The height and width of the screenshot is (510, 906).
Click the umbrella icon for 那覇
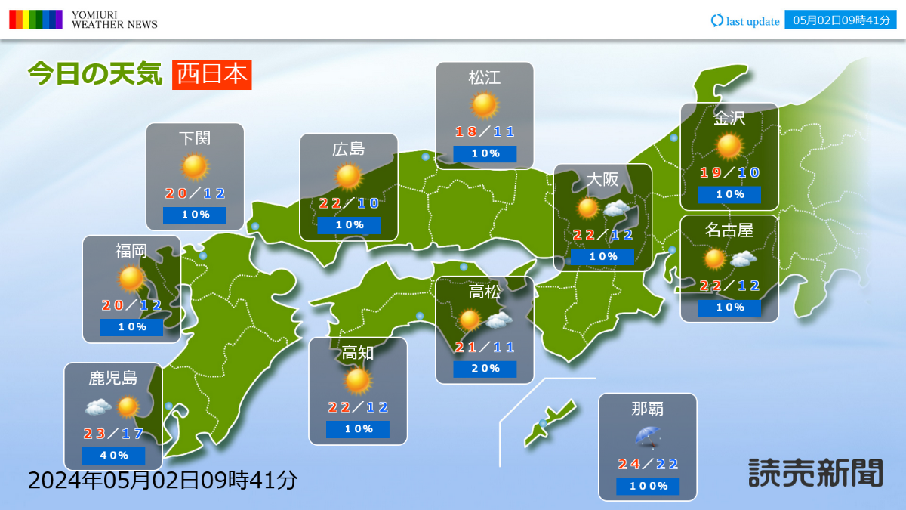point(647,437)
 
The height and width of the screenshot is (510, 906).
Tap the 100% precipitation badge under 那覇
point(648,486)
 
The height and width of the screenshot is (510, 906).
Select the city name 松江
point(485,77)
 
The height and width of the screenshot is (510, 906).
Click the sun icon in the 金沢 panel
point(729,146)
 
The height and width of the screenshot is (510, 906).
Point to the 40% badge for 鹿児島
point(113,456)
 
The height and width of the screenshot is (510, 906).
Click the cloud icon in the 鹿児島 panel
point(98,407)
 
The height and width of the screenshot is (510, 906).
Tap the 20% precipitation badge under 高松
point(485,369)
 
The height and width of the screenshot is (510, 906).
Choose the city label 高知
point(358,352)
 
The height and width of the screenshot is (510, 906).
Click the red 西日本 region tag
point(211,75)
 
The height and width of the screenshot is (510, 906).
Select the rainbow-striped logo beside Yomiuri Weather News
point(35,20)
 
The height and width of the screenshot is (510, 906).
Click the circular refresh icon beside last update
point(716,20)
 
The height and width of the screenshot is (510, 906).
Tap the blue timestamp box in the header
point(840,20)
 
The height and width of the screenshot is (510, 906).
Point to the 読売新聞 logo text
point(815,472)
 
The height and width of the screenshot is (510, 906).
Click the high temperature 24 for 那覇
point(628,465)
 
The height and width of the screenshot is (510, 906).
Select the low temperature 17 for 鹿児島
point(133,434)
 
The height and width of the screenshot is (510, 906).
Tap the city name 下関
point(195,138)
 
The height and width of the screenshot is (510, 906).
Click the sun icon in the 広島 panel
point(349,176)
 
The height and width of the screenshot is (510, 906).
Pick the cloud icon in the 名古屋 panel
point(744,259)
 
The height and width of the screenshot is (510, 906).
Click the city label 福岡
point(131,251)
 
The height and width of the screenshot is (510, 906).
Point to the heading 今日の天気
point(95,75)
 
